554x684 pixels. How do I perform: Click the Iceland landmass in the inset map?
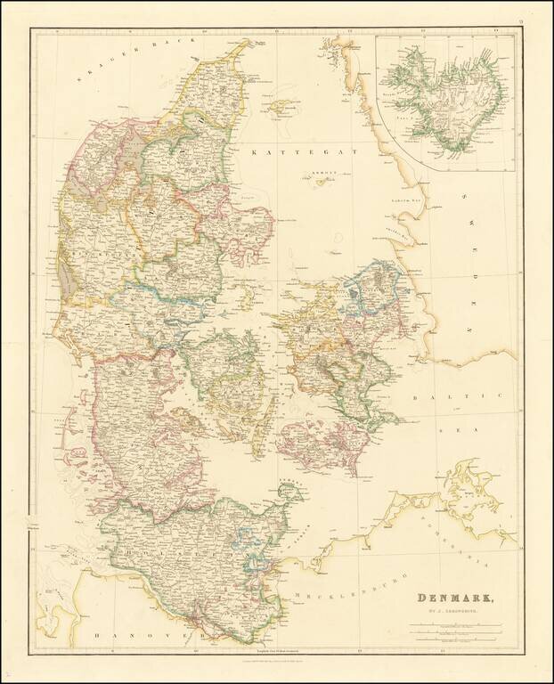click(x=450, y=94)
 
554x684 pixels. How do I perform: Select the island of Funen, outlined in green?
click(x=227, y=374)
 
